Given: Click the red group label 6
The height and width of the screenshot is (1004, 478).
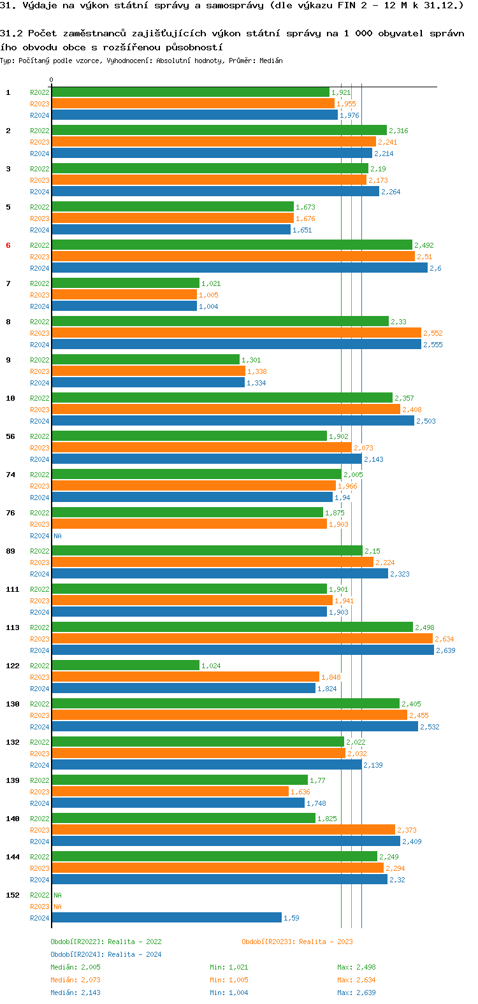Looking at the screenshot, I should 8,245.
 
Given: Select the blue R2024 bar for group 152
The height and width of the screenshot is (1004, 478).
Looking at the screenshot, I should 166,917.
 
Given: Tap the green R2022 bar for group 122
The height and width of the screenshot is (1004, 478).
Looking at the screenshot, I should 126,665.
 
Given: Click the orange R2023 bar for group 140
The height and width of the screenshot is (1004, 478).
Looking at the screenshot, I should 223,829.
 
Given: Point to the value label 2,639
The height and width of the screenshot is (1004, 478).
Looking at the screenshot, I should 445,650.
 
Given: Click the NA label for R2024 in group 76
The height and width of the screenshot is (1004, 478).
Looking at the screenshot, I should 57,536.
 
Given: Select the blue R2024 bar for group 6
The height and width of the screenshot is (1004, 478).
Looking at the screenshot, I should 239,268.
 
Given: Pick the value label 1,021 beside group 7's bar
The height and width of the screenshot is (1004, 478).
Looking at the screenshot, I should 211,283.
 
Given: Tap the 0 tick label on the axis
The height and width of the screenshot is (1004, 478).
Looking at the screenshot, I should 51,80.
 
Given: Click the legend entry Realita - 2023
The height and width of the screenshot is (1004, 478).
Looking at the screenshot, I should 297,942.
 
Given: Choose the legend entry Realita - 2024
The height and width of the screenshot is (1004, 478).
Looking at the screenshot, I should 106,954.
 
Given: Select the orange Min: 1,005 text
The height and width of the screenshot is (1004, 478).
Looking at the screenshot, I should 229,980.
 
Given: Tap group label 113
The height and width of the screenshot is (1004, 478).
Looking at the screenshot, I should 13,627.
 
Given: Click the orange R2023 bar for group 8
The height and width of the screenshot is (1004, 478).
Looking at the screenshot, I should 236,333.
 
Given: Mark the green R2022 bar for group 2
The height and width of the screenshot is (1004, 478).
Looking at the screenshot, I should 219,130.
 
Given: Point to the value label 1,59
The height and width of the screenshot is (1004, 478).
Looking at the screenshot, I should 291,918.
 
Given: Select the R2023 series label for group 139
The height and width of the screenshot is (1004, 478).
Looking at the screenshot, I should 40,792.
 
